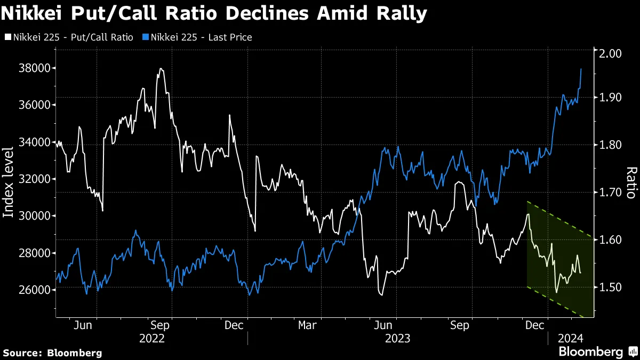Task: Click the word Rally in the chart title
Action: pyautogui.click(x=399, y=13)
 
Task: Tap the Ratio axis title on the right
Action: pyautogui.click(x=630, y=182)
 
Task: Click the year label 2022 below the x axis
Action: pyautogui.click(x=151, y=338)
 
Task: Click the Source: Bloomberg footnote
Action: pyautogui.click(x=52, y=353)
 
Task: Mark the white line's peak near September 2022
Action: pyautogui.click(x=159, y=69)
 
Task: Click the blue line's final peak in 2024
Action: pyautogui.click(x=581, y=69)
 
